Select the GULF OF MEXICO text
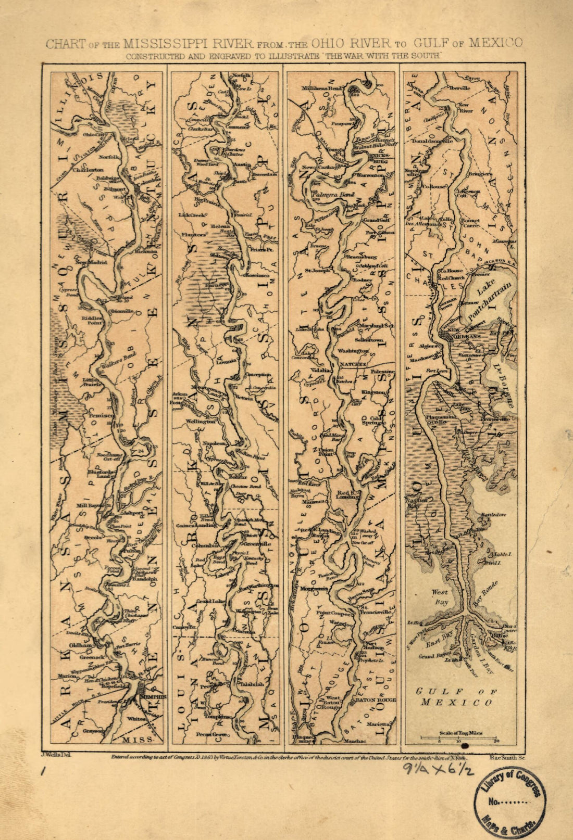click(x=456, y=697)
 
